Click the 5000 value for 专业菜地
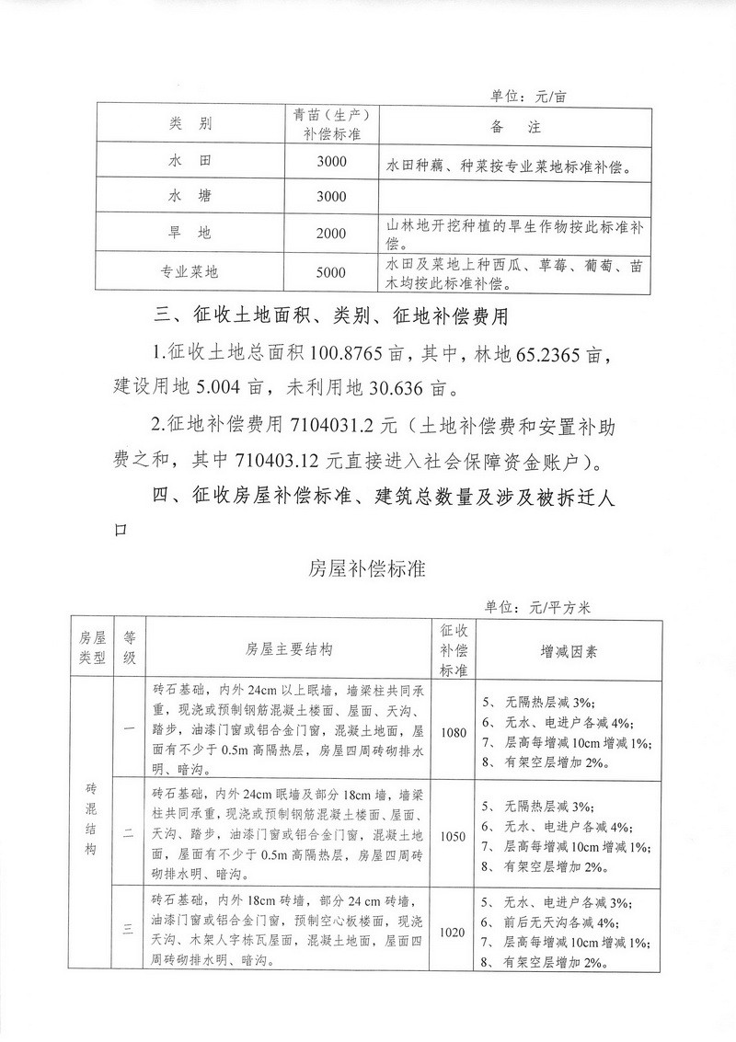(330, 272)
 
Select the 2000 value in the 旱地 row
(330, 234)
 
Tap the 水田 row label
(190, 161)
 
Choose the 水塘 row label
(190, 197)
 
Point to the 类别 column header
(190, 124)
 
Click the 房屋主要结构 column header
(289, 650)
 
